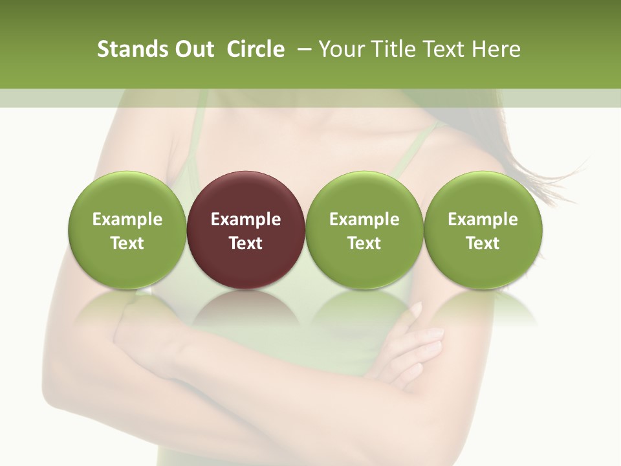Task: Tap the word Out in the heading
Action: click(195, 49)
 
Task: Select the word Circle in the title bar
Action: click(256, 49)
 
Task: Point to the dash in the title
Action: click(302, 49)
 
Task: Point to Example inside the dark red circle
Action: click(246, 219)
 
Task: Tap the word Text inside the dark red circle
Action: click(246, 243)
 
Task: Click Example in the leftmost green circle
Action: click(127, 219)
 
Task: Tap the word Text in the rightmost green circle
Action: click(483, 243)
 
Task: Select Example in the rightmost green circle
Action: click(483, 219)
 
